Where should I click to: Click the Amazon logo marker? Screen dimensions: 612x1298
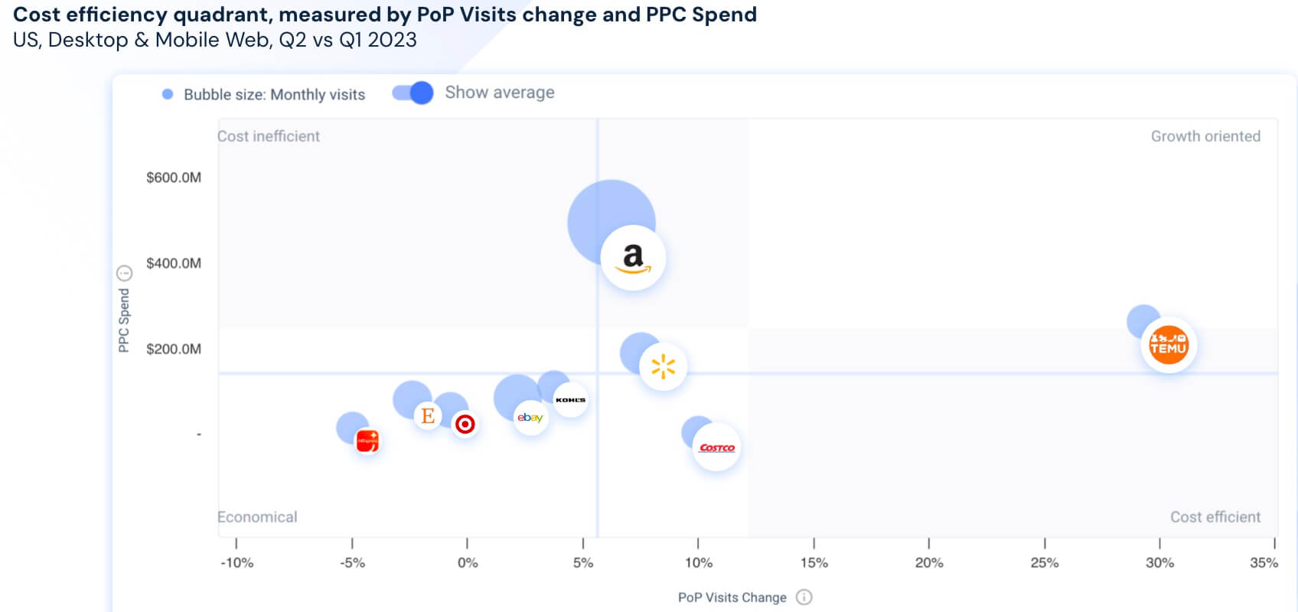click(x=633, y=258)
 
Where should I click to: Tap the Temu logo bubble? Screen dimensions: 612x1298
click(x=1168, y=345)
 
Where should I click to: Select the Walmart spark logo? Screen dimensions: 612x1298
click(x=663, y=367)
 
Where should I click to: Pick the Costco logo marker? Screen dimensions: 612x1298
click(x=716, y=448)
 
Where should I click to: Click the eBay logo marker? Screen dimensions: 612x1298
click(x=530, y=418)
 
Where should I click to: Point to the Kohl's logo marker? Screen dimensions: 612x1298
click(x=570, y=399)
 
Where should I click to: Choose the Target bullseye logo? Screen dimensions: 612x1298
click(x=465, y=424)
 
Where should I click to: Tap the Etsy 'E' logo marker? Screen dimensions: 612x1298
click(x=428, y=415)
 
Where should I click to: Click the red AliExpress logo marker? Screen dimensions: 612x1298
click(x=367, y=441)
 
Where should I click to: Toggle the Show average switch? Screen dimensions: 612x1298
click(x=413, y=93)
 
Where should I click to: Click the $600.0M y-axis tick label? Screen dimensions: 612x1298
click(x=174, y=177)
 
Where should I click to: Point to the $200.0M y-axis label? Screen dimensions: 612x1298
click(x=174, y=349)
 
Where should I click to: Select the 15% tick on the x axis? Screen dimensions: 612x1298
click(x=814, y=562)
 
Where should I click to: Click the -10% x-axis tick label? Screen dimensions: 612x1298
click(x=236, y=562)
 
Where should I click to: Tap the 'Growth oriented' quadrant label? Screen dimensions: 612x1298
click(x=1205, y=136)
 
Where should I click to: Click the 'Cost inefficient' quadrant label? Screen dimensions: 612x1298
click(x=269, y=136)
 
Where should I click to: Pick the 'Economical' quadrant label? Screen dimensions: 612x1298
click(x=257, y=517)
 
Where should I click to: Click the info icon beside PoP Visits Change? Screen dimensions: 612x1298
click(x=804, y=597)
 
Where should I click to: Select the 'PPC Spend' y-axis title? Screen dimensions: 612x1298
click(x=124, y=320)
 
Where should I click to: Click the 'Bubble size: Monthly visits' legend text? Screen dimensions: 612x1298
click(x=274, y=95)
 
